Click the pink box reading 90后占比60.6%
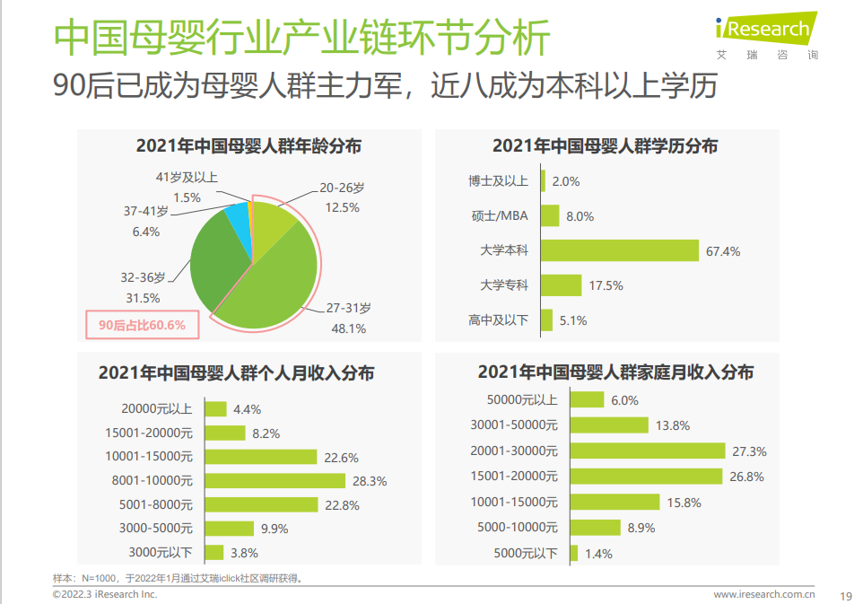click(x=142, y=325)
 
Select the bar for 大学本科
click(x=619, y=251)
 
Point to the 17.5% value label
click(x=606, y=286)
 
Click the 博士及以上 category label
click(x=498, y=181)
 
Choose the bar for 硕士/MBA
click(x=550, y=216)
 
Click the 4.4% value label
click(x=247, y=409)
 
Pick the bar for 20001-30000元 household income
click(x=648, y=451)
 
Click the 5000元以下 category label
click(x=525, y=554)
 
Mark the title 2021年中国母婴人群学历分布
click(x=605, y=146)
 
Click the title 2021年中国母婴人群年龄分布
click(x=248, y=146)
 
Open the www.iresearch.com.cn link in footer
click(x=763, y=594)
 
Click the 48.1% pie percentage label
click(x=349, y=328)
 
